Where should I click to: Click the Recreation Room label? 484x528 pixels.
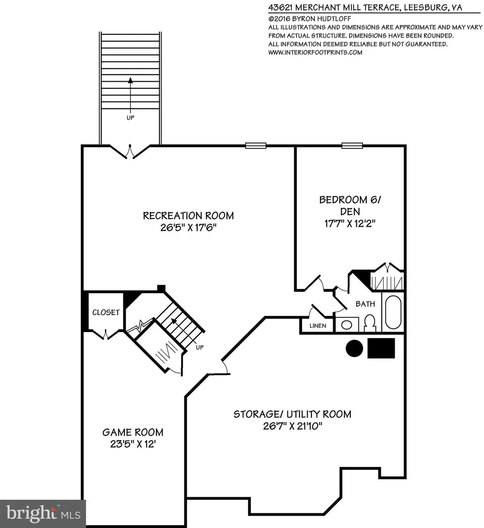189,215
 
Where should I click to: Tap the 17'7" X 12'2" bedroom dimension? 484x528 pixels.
350,223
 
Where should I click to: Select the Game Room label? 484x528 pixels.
133,432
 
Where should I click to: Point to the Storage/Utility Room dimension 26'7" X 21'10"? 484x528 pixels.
293,426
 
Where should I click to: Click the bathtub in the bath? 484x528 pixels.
393,312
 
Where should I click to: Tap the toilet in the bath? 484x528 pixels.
370,323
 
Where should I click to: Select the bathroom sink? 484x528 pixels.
346,325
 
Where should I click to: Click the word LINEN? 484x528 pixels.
318,325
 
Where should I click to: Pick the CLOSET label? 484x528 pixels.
106,312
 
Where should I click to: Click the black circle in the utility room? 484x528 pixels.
354,348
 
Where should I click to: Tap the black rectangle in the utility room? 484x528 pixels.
381,348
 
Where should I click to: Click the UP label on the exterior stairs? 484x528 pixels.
130,118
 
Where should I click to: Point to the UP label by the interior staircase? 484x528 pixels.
200,347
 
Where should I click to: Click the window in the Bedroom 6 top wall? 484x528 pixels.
352,145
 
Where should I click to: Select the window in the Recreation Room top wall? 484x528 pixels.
256,145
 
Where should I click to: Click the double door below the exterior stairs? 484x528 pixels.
130,152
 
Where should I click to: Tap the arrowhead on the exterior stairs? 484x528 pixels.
130,80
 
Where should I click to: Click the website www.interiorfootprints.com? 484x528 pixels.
315,52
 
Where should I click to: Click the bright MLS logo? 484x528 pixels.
43,513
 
